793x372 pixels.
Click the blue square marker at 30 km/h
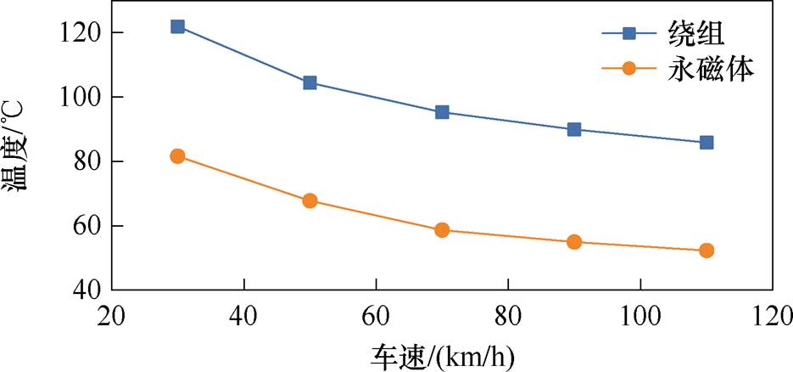click(x=177, y=26)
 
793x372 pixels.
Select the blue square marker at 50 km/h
click(x=310, y=82)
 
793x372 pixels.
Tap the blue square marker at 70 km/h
click(x=442, y=112)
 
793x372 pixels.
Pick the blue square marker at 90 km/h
click(x=574, y=129)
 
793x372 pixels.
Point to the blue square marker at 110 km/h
click(x=706, y=143)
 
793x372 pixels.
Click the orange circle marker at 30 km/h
click(x=177, y=156)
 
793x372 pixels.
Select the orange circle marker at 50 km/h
click(x=310, y=201)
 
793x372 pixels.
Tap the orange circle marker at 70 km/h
click(x=442, y=230)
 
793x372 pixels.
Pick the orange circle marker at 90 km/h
click(x=574, y=242)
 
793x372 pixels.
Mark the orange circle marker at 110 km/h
click(x=706, y=251)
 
